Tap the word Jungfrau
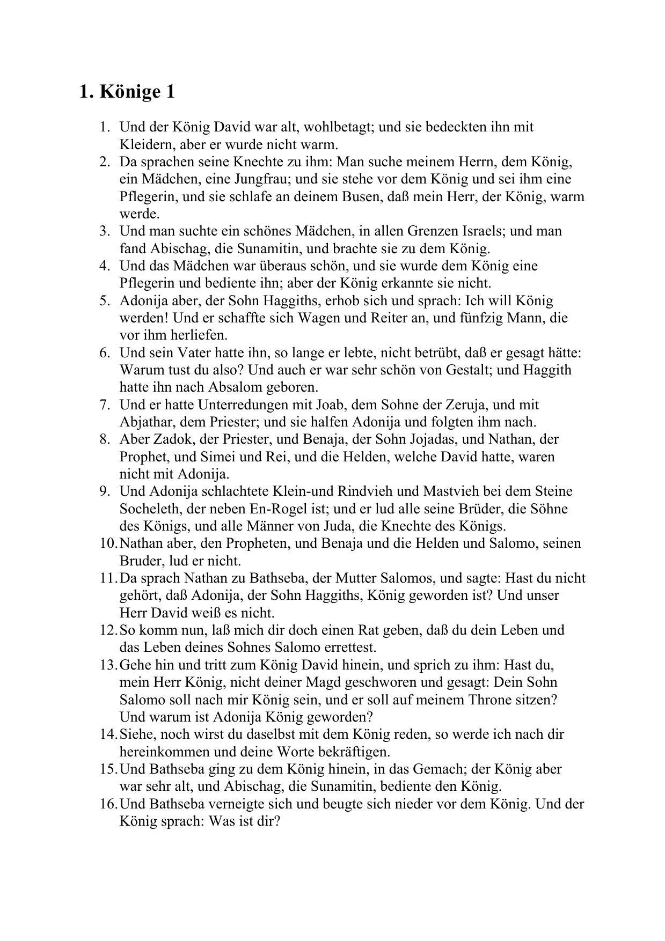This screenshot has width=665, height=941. coord(259,179)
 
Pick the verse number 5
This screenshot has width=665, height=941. coord(105,300)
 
